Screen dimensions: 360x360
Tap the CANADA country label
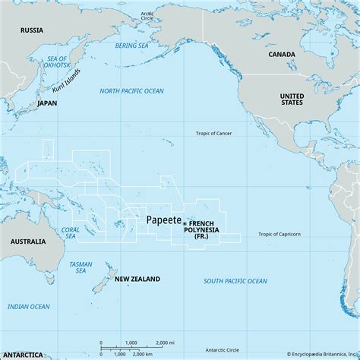point(282,55)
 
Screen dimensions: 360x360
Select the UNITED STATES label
point(291,100)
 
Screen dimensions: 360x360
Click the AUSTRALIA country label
point(24,241)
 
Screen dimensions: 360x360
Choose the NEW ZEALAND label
point(137,279)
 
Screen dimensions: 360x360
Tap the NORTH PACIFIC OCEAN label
point(131,91)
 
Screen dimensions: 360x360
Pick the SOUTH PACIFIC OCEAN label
point(235,281)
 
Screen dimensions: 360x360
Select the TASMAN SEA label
point(81,267)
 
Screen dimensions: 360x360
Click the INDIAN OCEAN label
point(28,307)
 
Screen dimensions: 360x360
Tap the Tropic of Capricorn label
point(279,234)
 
